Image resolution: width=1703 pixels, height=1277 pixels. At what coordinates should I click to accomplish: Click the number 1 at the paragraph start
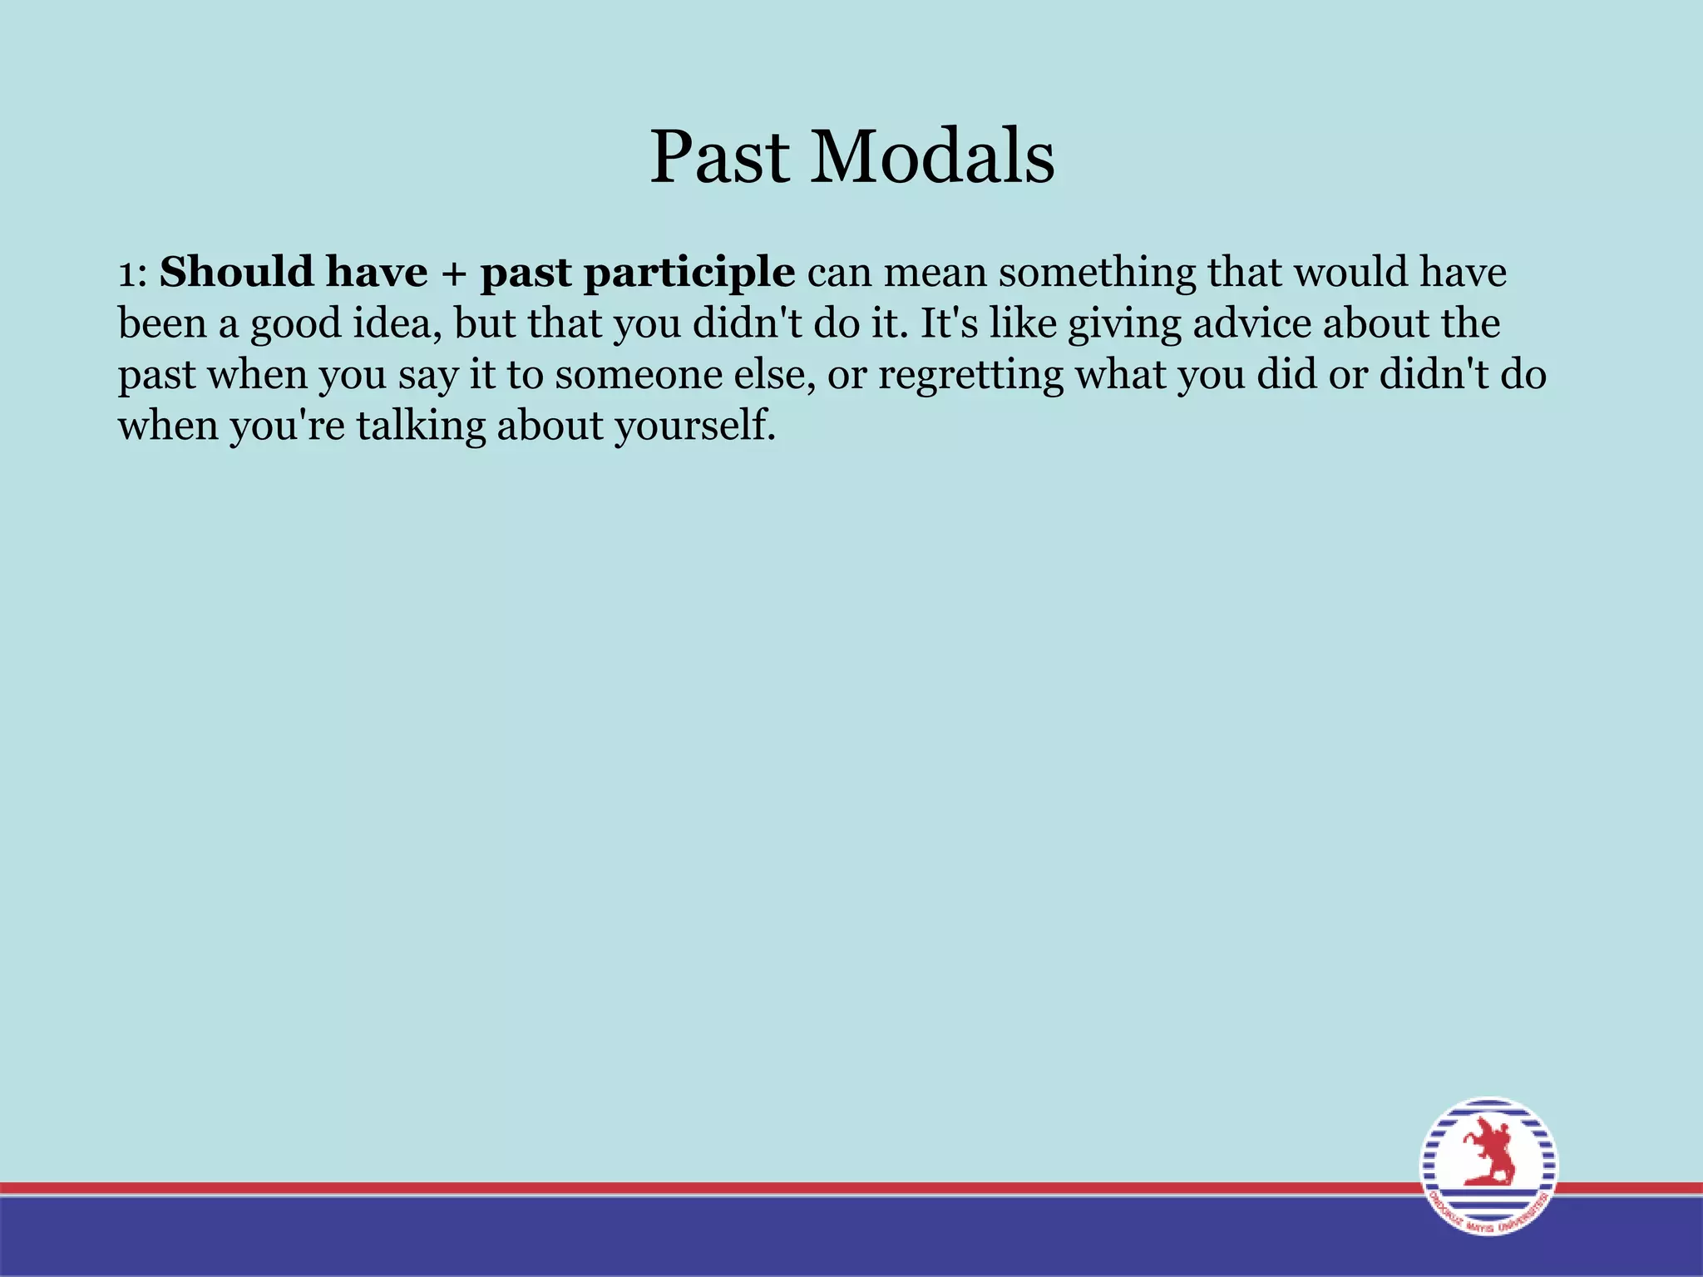tap(126, 274)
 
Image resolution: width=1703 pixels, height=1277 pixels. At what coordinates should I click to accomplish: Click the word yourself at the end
tap(694, 426)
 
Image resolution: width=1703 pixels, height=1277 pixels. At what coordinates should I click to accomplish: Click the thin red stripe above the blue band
tap(665, 1187)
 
